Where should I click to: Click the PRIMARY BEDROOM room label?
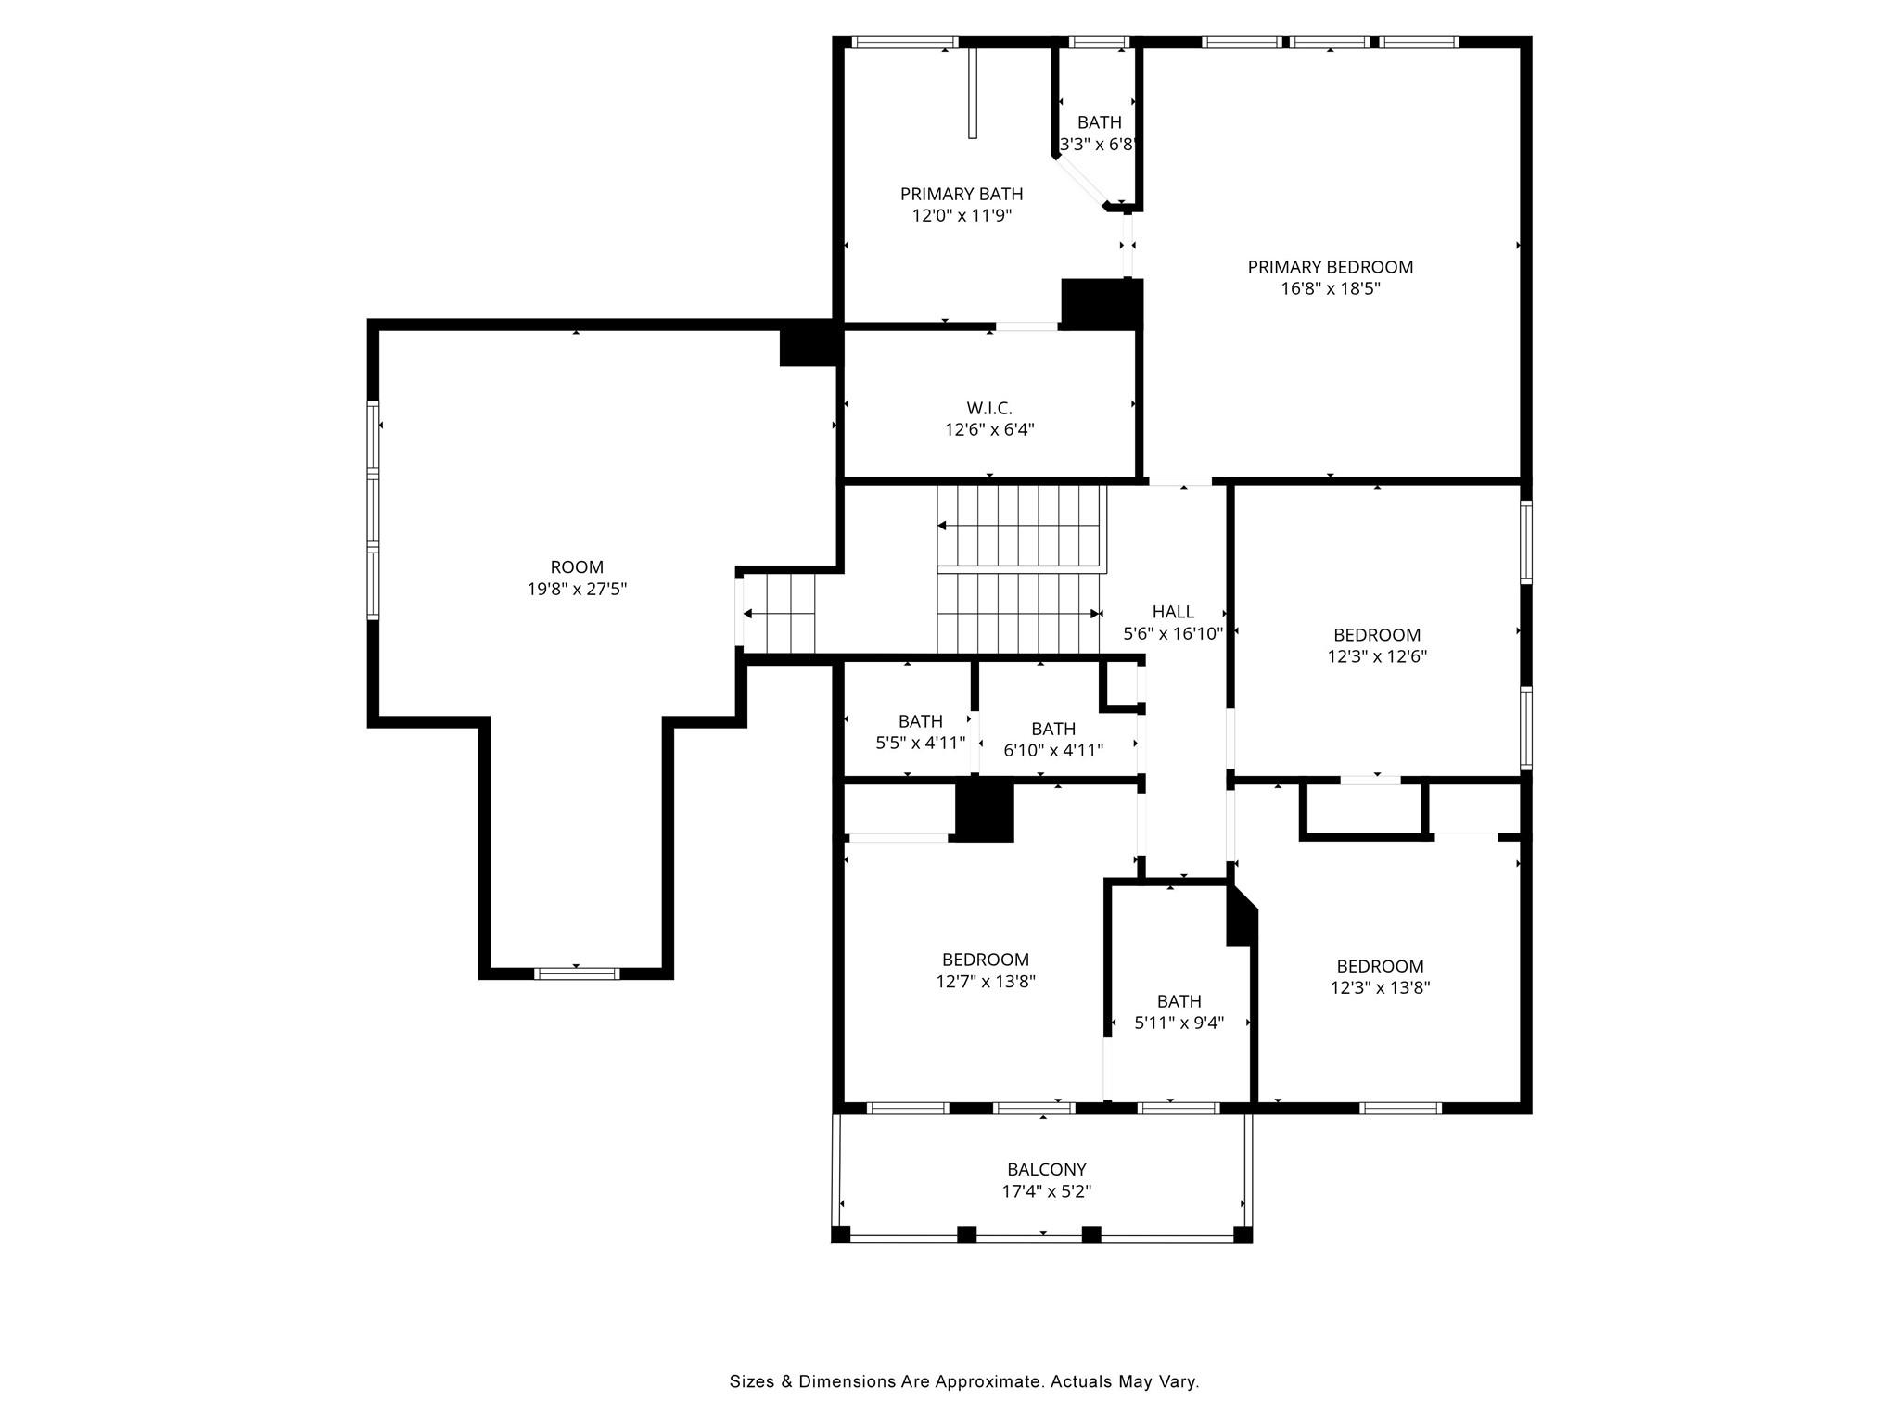(x=1330, y=267)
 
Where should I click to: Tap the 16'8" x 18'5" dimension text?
(x=1331, y=288)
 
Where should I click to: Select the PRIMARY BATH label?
(x=962, y=194)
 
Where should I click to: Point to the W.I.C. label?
(x=989, y=408)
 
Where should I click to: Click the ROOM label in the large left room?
(x=577, y=567)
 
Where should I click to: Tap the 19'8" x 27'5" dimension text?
(x=578, y=589)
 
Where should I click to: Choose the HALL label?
(x=1173, y=612)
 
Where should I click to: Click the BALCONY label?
(x=1047, y=1170)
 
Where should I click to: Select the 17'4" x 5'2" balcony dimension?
(x=1047, y=1191)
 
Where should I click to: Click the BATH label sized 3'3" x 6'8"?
(x=1100, y=122)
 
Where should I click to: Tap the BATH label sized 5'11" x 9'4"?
(x=1179, y=1001)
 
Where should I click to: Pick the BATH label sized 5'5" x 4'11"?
(x=921, y=721)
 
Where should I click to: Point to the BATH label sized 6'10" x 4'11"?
(x=1053, y=729)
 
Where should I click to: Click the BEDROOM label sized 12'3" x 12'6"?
(x=1377, y=635)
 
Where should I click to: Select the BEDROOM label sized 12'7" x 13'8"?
(x=986, y=960)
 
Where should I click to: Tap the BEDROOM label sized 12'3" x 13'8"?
(x=1380, y=966)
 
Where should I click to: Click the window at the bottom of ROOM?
(x=577, y=973)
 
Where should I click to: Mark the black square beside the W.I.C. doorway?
(x=1101, y=304)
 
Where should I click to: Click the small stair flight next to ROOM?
(x=779, y=614)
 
